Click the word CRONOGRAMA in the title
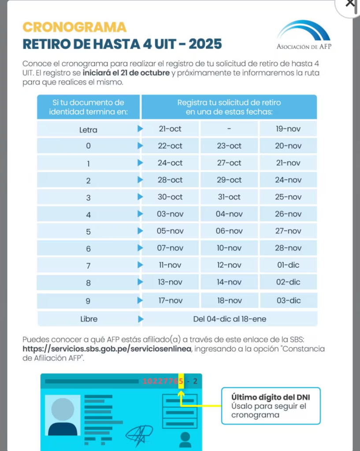point(74,27)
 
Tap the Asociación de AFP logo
point(304,35)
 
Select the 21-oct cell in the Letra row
point(170,129)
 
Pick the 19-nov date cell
point(288,129)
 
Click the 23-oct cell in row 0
point(229,146)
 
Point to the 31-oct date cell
point(229,197)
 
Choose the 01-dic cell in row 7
point(288,265)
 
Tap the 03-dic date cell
point(288,301)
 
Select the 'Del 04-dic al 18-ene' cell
point(229,319)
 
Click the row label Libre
point(89,319)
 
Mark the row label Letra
point(89,130)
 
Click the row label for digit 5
point(89,232)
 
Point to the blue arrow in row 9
point(140,300)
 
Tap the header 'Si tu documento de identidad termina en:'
point(89,107)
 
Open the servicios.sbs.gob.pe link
point(107,349)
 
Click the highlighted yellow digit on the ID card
point(181,381)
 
